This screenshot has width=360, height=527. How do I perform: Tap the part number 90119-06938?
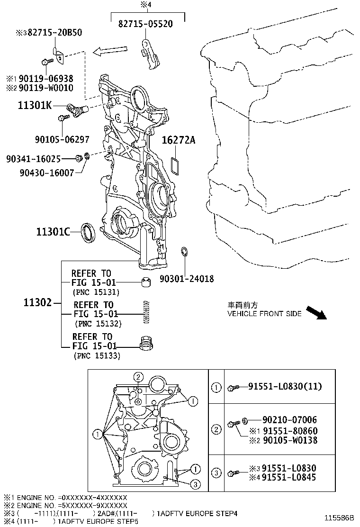pyautogui.click(x=46, y=78)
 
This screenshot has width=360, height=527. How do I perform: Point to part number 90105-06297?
pyautogui.click(x=62, y=139)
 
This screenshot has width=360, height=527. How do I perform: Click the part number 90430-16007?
pyautogui.click(x=47, y=173)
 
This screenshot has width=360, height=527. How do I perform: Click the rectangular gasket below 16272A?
pyautogui.click(x=174, y=166)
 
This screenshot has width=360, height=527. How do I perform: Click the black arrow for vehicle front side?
pyautogui.click(x=315, y=313)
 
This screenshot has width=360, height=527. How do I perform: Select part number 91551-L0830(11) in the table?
pyautogui.click(x=285, y=387)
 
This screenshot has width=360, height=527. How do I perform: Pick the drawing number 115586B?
pyautogui.click(x=339, y=518)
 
